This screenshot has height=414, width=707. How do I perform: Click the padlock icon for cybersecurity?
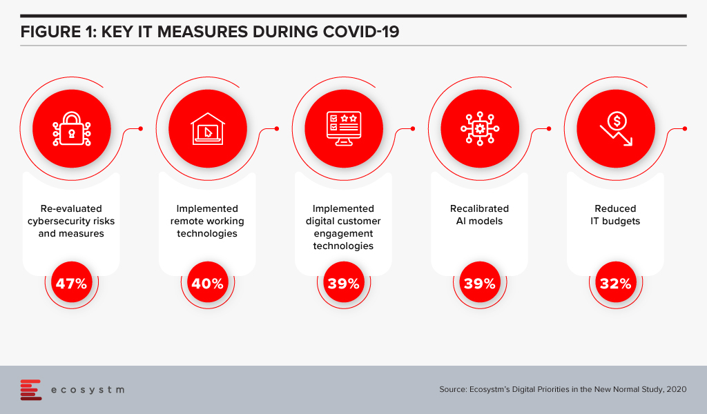coord(72,129)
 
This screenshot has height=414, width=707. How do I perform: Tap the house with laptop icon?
coord(208,129)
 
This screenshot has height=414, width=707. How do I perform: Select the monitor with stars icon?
coord(344,129)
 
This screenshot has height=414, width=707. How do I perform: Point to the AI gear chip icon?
coord(480,129)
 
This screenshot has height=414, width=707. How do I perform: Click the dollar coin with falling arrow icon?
coord(616,129)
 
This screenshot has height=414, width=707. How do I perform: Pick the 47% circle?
coord(72,283)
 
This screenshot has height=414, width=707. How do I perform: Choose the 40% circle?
coord(208,283)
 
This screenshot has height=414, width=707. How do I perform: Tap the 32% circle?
coord(616,283)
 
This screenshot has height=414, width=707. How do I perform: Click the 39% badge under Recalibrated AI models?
coord(480,283)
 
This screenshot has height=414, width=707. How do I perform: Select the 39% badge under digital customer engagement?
coord(344,283)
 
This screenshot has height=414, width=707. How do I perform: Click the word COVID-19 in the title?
coord(361,32)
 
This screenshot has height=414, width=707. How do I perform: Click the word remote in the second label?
coord(186,221)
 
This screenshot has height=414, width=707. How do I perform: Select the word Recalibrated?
coord(479,208)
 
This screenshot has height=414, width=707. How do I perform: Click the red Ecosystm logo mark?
coord(31,390)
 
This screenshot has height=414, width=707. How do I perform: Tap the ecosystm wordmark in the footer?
coord(88,390)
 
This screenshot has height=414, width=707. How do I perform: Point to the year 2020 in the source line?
coord(676,389)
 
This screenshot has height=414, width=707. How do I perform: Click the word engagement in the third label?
coord(344,234)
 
